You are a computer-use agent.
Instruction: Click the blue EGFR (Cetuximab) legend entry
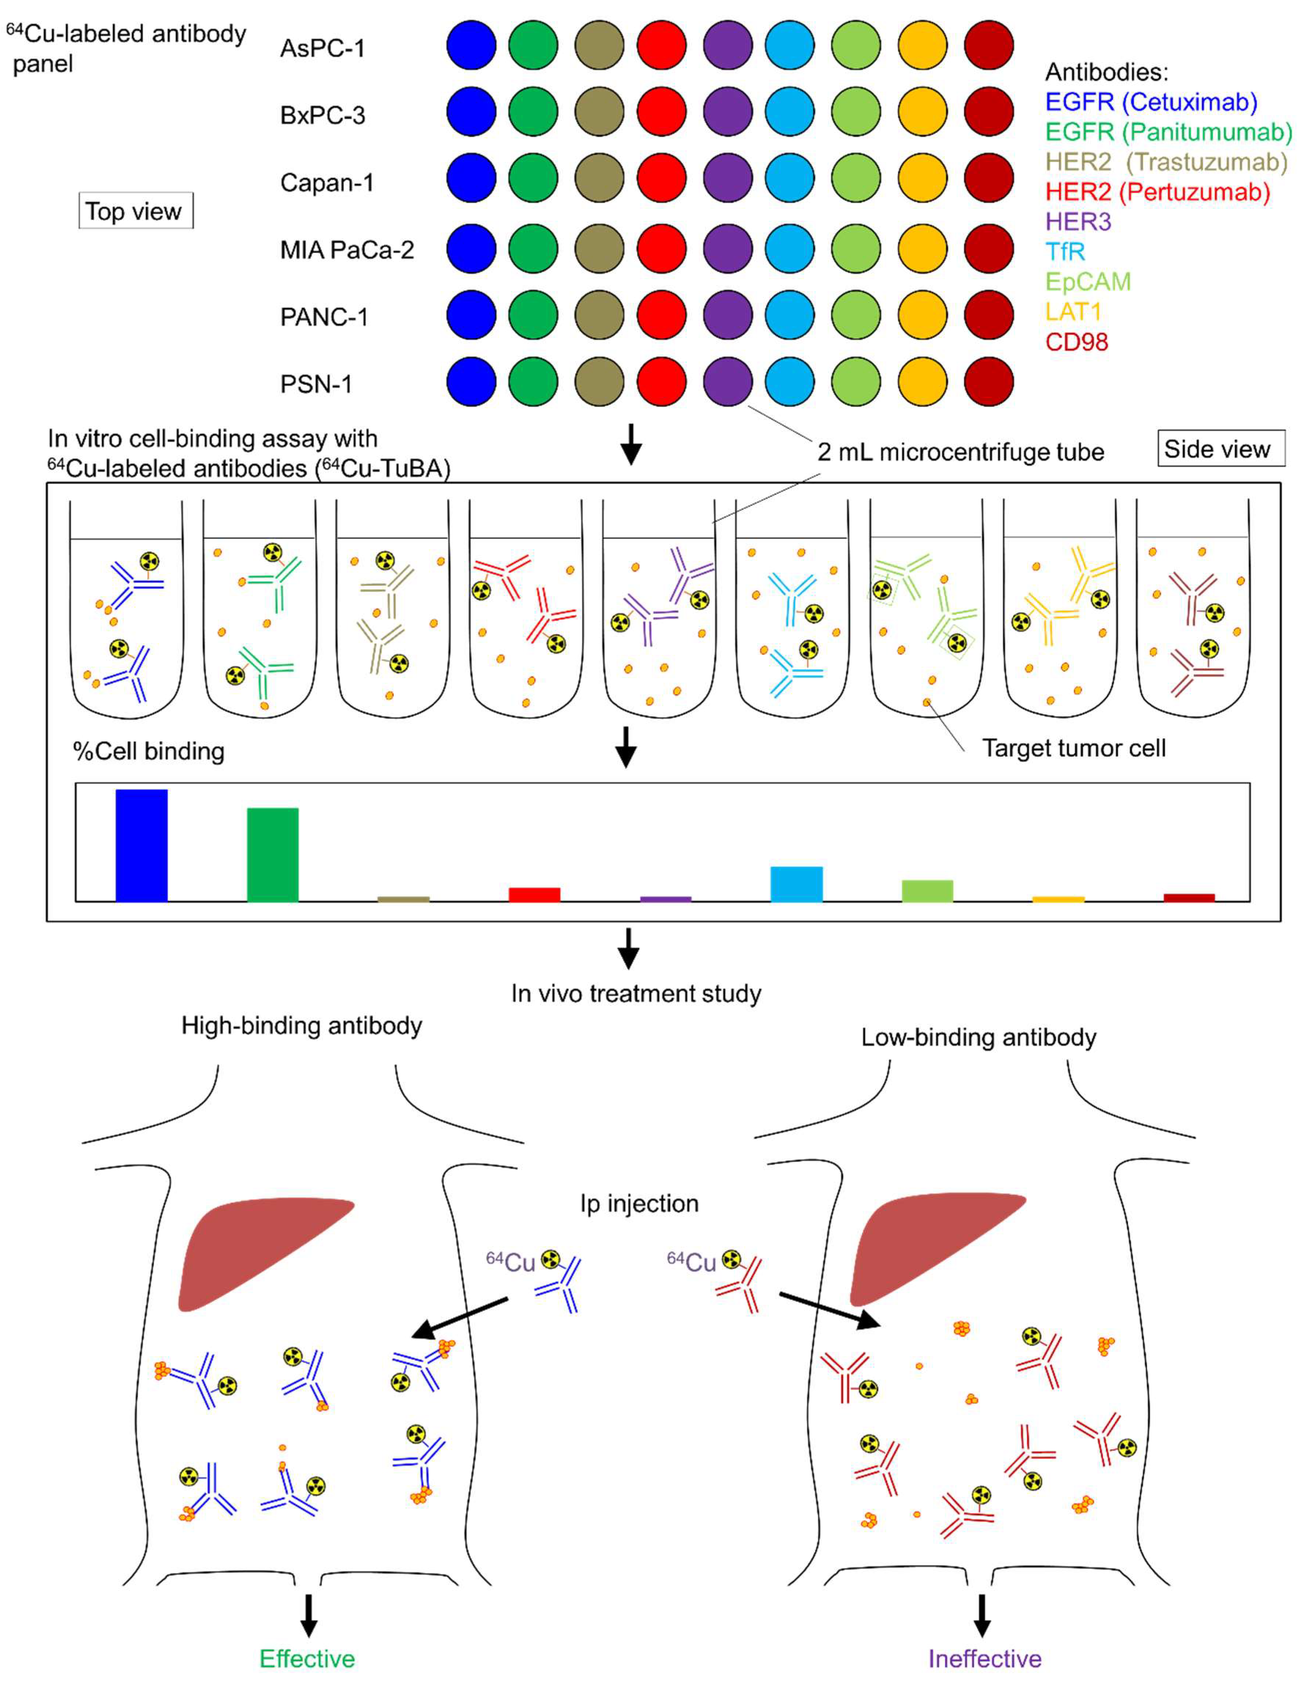pos(1150,102)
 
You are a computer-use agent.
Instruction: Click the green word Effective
pos(307,1658)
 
